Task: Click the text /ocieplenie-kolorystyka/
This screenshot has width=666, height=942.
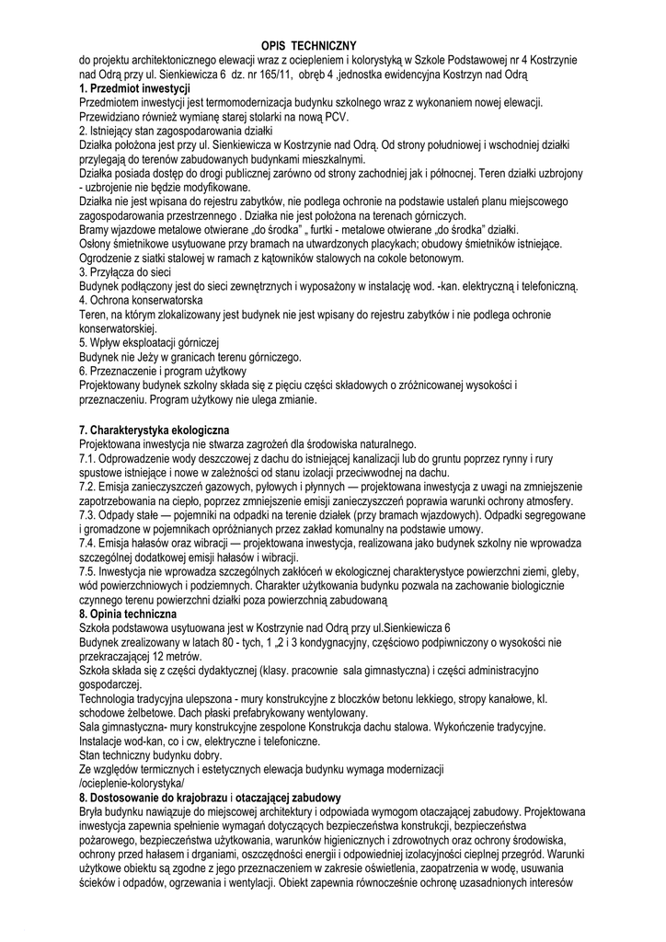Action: click(x=132, y=783)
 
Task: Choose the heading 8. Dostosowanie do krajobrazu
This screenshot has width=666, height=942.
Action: click(x=211, y=798)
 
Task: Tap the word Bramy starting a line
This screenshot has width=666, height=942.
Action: click(x=98, y=230)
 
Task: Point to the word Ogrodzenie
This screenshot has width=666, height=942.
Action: click(x=111, y=258)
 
